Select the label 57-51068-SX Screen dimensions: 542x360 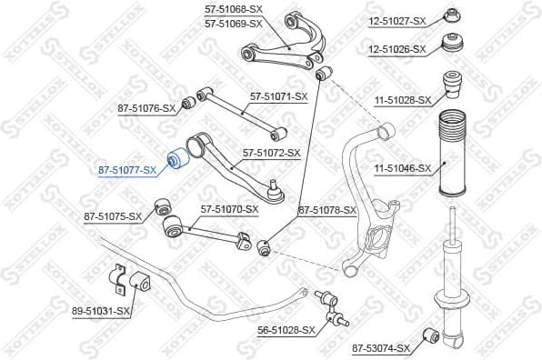pyautogui.click(x=234, y=9)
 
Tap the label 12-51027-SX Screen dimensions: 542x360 pyautogui.click(x=397, y=19)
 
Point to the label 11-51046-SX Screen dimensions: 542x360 pyautogui.click(x=398, y=167)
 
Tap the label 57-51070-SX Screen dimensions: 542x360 pyautogui.click(x=230, y=209)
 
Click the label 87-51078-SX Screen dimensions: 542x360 pyautogui.click(x=327, y=210)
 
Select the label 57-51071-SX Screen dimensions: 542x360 pyautogui.click(x=279, y=95)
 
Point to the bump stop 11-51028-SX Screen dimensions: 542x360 pyautogui.click(x=451, y=87)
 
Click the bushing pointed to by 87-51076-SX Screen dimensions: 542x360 pyautogui.click(x=190, y=100)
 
